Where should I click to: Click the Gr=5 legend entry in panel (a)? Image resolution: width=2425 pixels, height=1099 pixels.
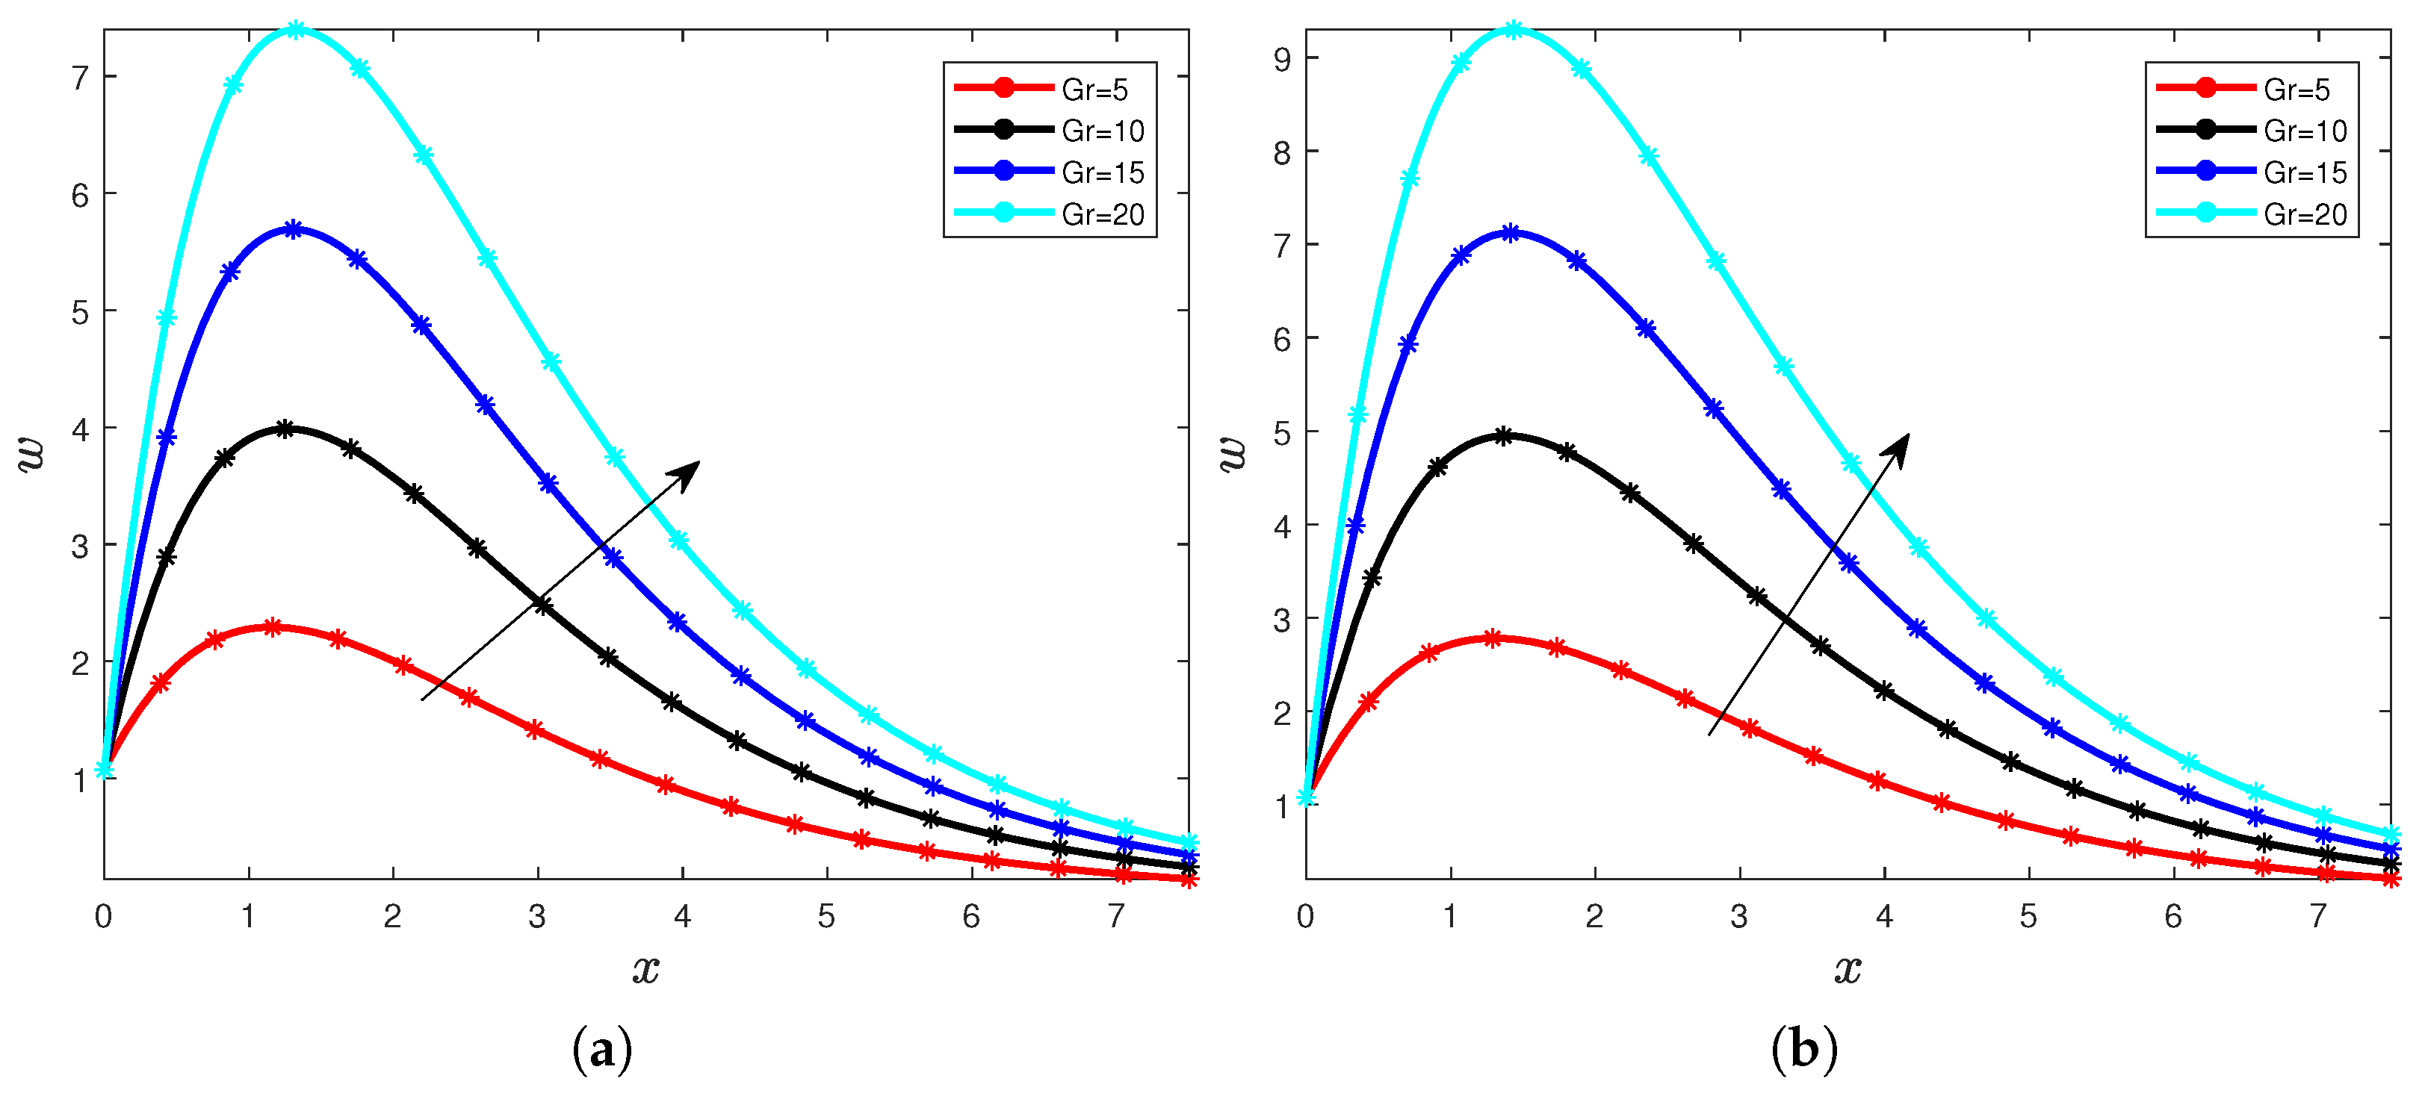pos(1094,90)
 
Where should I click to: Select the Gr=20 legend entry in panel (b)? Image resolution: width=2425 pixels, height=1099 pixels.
pos(2305,214)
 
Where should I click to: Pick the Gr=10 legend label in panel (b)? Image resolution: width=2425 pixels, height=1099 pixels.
pos(2305,131)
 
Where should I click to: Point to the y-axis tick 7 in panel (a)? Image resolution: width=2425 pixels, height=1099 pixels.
pos(81,77)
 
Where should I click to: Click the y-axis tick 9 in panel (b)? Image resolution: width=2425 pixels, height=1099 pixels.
pos(1282,59)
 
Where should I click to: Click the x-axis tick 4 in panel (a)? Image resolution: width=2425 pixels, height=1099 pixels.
pos(681,915)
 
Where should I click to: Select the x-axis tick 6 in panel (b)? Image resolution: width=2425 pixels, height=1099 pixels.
pos(2172,915)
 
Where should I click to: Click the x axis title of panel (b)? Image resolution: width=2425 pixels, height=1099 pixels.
pos(1847,968)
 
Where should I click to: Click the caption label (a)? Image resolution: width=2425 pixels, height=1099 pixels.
pos(601,1049)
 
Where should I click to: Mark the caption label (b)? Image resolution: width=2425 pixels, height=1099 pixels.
pos(1803,1049)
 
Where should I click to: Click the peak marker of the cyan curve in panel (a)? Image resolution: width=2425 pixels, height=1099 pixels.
pos(296,30)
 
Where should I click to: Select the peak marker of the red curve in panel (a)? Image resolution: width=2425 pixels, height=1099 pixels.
pos(272,626)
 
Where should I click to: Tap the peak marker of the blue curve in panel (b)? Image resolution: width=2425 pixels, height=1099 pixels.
pos(1510,232)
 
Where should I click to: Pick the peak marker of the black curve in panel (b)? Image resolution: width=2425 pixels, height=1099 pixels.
pos(1503,436)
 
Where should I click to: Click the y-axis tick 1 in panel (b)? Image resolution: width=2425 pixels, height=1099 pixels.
pos(1282,806)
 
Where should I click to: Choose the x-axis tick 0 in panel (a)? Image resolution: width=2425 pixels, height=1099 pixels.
pos(104,915)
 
